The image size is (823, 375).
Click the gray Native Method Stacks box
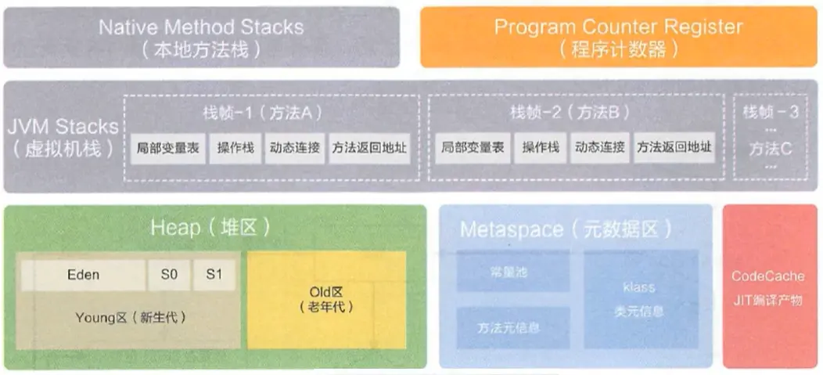(201, 37)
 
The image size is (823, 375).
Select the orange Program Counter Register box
(617, 37)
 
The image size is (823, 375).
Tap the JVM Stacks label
(63, 136)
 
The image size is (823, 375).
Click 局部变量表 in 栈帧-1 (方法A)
(167, 147)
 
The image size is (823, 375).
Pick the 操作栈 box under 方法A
(234, 147)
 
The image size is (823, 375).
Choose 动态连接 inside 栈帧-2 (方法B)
(599, 147)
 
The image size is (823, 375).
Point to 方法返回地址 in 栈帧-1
(369, 147)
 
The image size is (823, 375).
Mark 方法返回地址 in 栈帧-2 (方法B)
(674, 147)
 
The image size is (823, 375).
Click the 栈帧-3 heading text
(771, 112)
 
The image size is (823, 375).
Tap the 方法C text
(771, 147)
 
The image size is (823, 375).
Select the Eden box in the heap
(83, 275)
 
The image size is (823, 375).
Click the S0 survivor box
(168, 275)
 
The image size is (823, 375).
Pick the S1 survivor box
(214, 275)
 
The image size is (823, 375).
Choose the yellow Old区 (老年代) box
(326, 300)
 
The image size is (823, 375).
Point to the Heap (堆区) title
(210, 228)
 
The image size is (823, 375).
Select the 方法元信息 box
(513, 327)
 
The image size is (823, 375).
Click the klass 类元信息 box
(641, 299)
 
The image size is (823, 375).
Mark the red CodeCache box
(767, 287)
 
